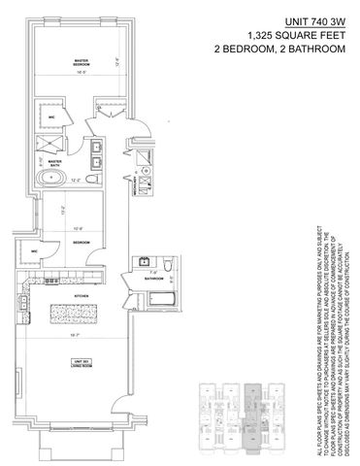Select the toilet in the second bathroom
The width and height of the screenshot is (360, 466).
point(167,265)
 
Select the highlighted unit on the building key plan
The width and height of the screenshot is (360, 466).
point(255,404)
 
